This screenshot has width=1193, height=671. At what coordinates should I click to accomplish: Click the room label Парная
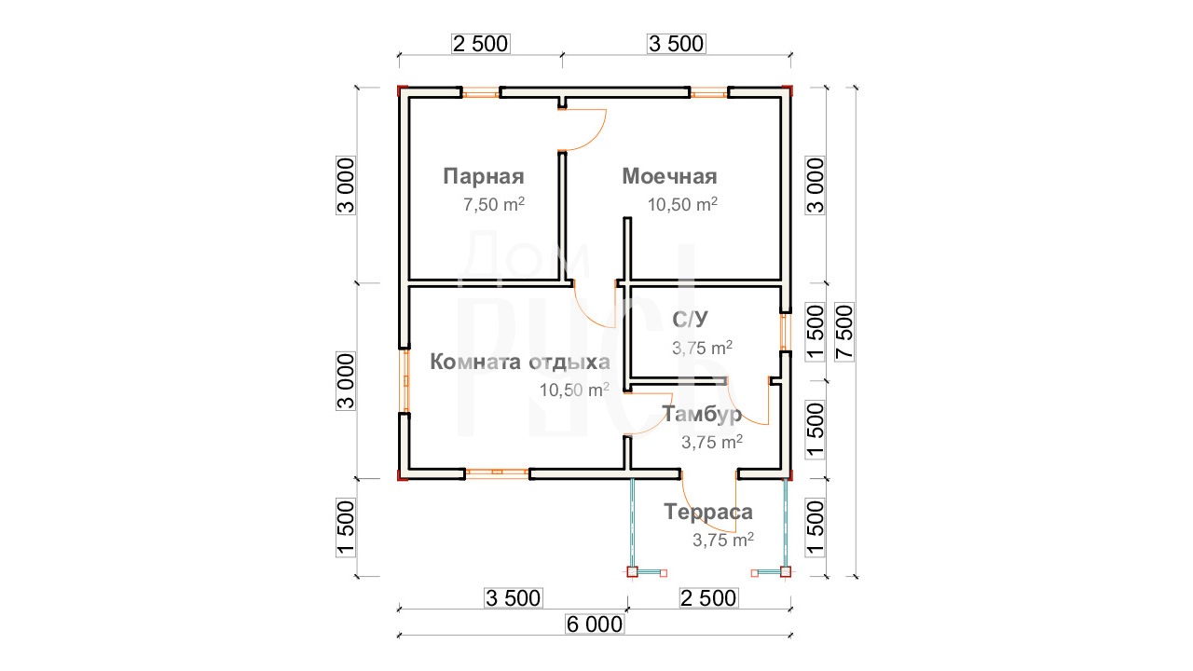coord(484,176)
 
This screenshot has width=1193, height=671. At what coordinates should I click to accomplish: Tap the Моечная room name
coord(669,176)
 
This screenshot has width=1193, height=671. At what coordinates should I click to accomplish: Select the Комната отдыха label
coord(520,362)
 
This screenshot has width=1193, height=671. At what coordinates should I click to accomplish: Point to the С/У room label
coord(691,319)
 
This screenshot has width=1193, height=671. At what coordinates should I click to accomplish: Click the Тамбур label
coord(702,414)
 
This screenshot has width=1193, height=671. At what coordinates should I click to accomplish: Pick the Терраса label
coord(708,512)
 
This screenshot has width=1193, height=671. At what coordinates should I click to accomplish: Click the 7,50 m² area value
coord(494,204)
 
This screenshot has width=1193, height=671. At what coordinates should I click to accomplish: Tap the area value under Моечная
coord(682,204)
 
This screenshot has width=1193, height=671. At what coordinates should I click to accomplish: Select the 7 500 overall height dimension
coord(844,333)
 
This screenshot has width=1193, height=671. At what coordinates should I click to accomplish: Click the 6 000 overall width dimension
coord(595,624)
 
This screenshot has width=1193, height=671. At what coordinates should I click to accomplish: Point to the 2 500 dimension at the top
coord(481,44)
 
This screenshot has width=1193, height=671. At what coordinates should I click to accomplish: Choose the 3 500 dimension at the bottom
coord(513,598)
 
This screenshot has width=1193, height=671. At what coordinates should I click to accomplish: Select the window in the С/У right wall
coord(784,332)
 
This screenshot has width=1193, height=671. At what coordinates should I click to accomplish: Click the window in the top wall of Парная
coord(481,94)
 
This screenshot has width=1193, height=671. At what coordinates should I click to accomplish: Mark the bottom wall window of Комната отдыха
coord(497,472)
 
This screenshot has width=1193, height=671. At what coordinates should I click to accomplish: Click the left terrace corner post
coord(632,572)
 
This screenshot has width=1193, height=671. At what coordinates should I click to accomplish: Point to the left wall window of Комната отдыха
coord(405,380)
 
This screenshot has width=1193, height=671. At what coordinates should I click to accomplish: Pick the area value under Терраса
coord(722,540)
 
